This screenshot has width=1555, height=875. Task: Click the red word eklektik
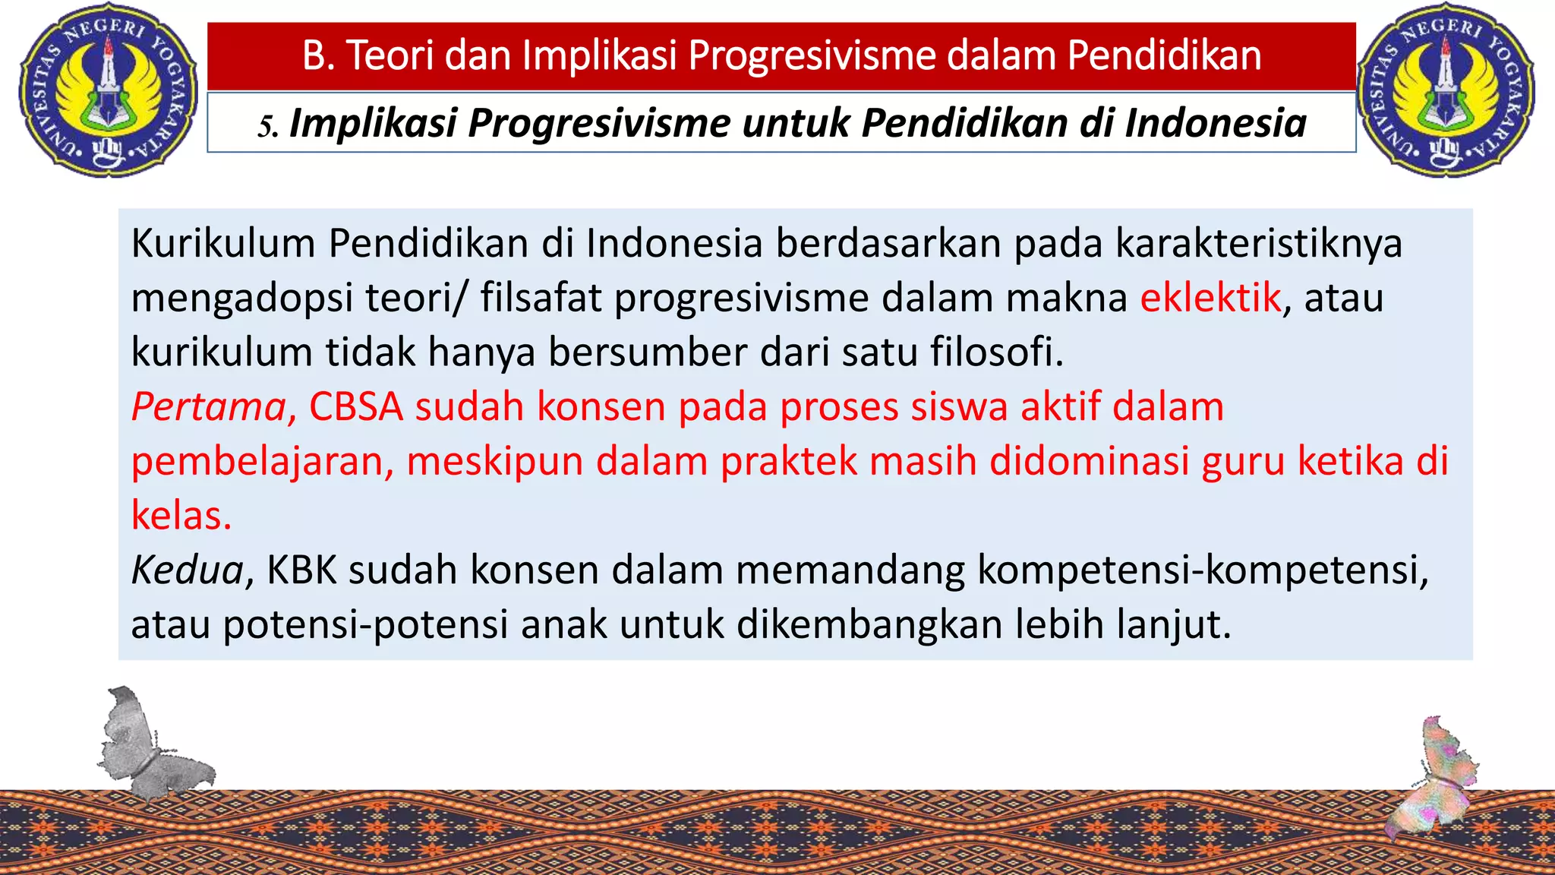(x=1210, y=297)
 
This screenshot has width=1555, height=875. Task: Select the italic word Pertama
(x=208, y=407)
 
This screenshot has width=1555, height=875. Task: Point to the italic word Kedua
(x=187, y=570)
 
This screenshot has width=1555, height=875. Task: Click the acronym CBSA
(x=355, y=407)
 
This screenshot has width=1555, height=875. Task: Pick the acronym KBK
(x=301, y=570)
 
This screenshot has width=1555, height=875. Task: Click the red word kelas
(x=180, y=516)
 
